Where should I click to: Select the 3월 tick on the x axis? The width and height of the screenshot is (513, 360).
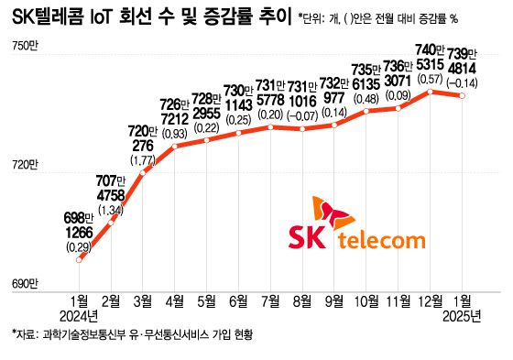[x=143, y=300]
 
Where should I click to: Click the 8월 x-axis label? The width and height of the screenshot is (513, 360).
[x=303, y=300]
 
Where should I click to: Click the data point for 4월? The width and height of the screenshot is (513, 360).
[x=175, y=147]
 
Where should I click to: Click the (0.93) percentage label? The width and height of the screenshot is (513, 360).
[x=174, y=134]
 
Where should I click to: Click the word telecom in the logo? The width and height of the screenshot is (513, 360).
[x=382, y=240]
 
